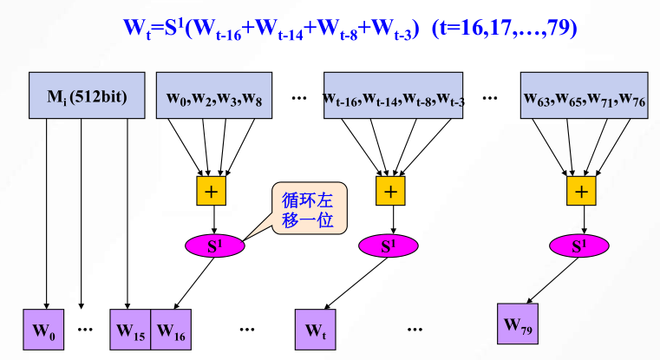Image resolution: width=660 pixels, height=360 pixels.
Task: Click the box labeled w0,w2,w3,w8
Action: pos(214,95)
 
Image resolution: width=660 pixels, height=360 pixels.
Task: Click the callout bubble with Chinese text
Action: pos(309,209)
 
